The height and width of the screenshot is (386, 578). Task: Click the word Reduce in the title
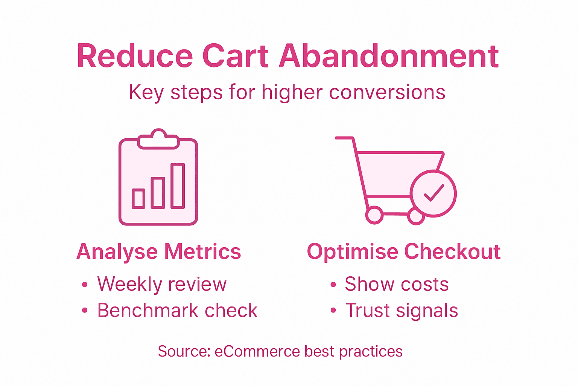pyautogui.click(x=135, y=56)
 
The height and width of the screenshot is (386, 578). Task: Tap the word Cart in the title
pyautogui.click(x=236, y=56)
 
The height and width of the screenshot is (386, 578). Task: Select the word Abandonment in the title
pyautogui.click(x=389, y=56)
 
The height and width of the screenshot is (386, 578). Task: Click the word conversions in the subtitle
pyautogui.click(x=387, y=92)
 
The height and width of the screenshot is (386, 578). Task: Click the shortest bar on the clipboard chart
pyautogui.click(x=138, y=198)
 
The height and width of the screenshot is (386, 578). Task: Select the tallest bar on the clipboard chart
pyautogui.click(x=178, y=186)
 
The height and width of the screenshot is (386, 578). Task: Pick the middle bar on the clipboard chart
pyautogui.click(x=158, y=193)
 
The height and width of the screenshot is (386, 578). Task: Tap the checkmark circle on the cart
pyautogui.click(x=433, y=194)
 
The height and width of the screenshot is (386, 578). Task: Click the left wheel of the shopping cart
pyautogui.click(x=374, y=215)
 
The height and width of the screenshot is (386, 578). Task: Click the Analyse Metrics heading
pyautogui.click(x=158, y=251)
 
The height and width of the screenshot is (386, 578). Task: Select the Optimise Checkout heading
pyautogui.click(x=403, y=251)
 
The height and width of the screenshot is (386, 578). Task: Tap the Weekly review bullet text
pyautogui.click(x=162, y=284)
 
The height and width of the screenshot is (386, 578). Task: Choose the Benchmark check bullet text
pyautogui.click(x=177, y=311)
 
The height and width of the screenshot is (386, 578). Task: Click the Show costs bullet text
pyautogui.click(x=397, y=284)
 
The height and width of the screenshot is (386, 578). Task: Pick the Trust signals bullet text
pyautogui.click(x=402, y=311)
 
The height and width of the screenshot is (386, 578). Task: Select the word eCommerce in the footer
pyautogui.click(x=257, y=351)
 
